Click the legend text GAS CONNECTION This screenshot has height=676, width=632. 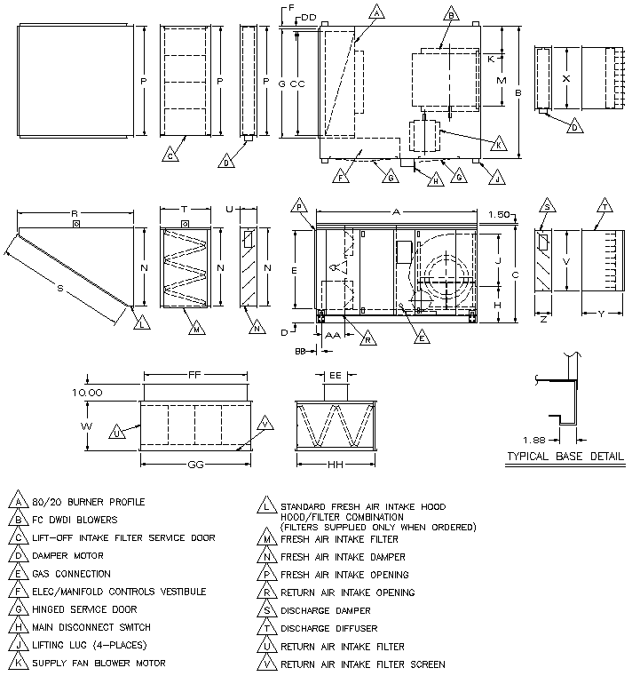(72, 574)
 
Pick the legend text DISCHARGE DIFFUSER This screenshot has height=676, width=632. (326, 628)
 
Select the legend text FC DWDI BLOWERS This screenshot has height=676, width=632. (75, 520)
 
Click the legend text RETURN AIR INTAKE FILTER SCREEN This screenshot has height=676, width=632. (363, 664)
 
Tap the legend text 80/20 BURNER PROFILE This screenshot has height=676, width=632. (87, 502)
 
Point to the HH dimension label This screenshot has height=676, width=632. (336, 464)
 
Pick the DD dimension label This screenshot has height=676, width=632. (308, 17)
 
